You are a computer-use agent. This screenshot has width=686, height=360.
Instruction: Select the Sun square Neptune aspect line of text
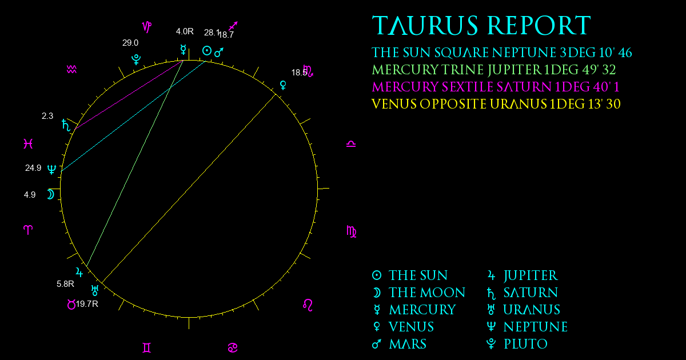502,53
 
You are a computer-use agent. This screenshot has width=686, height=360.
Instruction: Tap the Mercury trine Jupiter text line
494,70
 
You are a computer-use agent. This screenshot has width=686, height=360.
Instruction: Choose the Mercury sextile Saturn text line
496,87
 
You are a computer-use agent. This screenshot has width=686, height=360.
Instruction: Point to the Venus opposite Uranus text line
496,104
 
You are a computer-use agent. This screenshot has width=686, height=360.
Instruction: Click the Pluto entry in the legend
517,344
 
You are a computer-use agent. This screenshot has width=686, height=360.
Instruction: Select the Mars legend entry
399,344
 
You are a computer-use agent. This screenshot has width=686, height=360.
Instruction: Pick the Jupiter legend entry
523,275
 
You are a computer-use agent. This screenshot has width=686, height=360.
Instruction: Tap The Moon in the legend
418,293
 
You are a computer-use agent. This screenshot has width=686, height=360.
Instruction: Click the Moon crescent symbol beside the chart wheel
50,194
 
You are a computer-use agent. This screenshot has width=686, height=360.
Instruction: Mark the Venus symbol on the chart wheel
284,85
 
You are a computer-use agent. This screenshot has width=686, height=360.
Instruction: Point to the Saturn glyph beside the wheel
66,125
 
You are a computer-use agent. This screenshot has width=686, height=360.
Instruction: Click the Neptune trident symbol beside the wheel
52,169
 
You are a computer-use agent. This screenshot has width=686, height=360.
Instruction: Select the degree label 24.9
33,168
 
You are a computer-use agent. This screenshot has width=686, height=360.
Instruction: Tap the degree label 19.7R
87,304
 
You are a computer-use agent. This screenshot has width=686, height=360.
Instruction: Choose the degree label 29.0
130,43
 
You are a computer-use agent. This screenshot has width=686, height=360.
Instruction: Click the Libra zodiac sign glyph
351,144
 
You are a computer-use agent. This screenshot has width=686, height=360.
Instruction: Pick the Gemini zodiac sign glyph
147,348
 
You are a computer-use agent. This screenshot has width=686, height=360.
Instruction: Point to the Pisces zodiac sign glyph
28,143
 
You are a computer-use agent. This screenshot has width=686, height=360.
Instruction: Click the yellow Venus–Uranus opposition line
189,188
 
